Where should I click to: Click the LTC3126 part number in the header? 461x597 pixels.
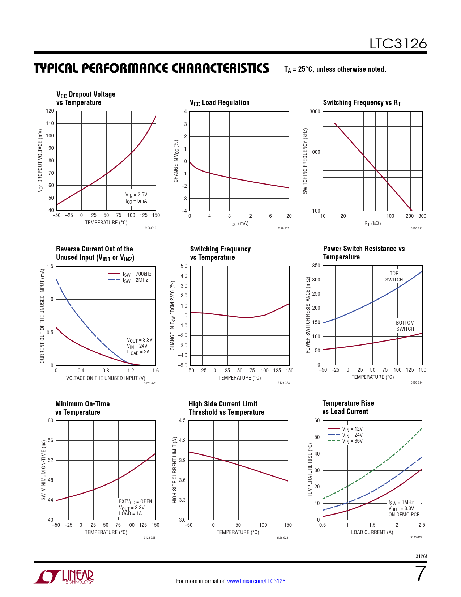[x=398, y=44]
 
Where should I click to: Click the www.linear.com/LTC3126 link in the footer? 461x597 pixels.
[x=256, y=581]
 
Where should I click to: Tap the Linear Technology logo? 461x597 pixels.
[x=64, y=577]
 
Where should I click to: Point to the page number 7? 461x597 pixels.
[x=421, y=574]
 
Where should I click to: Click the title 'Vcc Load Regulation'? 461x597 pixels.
[x=219, y=103]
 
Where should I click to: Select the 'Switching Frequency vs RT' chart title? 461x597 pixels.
[x=362, y=103]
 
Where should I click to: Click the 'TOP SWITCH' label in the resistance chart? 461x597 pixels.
[x=394, y=277]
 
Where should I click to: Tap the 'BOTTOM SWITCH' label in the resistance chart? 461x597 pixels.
[x=405, y=326]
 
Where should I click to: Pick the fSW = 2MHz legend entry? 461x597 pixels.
[x=135, y=280]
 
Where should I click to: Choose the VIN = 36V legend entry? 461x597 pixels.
[x=352, y=441]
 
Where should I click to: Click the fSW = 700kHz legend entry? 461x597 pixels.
[x=137, y=274]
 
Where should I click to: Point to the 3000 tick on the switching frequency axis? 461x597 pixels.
[x=315, y=111]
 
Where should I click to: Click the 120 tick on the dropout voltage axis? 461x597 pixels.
[x=50, y=111]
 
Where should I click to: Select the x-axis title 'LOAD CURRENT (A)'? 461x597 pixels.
[x=372, y=532]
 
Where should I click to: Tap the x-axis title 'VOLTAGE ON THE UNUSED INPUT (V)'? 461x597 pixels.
[x=106, y=378]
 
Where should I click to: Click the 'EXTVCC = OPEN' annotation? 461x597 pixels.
[x=136, y=501]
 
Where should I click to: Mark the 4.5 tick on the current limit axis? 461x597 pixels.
[x=182, y=420]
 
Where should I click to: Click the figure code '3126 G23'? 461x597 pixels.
[x=283, y=383]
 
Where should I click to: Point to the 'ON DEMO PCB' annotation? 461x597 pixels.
[x=404, y=515]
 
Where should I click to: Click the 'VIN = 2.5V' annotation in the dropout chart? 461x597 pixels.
[x=136, y=195]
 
